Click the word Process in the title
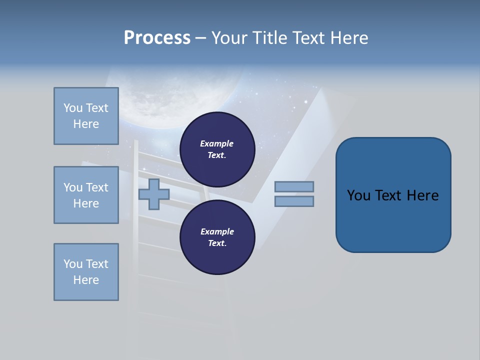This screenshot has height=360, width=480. (x=157, y=38)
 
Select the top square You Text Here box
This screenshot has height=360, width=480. (x=86, y=116)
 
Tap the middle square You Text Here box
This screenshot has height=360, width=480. (x=86, y=195)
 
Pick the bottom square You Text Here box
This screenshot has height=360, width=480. (x=86, y=272)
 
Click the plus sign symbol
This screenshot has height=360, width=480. (x=154, y=194)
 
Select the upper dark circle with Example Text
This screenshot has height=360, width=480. (x=217, y=149)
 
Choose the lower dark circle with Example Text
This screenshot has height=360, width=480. (x=217, y=237)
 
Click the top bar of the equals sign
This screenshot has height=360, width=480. (x=294, y=187)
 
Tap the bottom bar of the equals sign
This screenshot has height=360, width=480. (x=294, y=201)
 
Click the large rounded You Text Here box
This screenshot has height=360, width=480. (x=393, y=195)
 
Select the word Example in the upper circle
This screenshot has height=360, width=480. (x=216, y=143)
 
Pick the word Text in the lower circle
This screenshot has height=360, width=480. (x=216, y=243)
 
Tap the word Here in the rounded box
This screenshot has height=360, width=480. (x=422, y=195)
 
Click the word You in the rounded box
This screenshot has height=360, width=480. (x=358, y=195)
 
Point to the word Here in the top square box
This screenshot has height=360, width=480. (x=86, y=124)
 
